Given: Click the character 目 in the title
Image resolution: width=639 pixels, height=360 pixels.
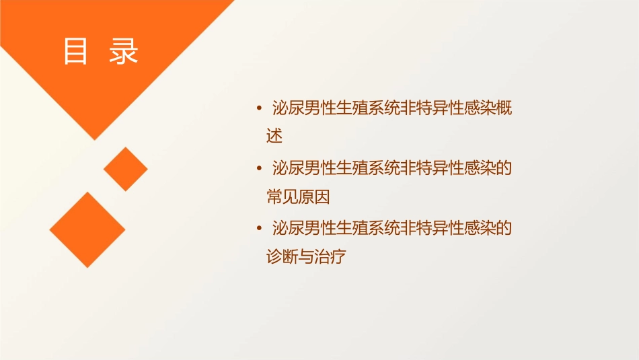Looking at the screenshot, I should click(x=75, y=52).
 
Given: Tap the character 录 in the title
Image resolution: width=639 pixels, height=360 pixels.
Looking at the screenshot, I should click(x=123, y=52).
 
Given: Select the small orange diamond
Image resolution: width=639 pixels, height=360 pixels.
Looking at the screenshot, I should click(x=126, y=169).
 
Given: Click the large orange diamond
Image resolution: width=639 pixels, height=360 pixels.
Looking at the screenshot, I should click(x=87, y=229).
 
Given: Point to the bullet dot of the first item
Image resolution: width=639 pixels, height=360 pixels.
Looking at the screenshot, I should click(x=260, y=108).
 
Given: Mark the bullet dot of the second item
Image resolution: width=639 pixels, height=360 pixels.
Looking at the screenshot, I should click(x=260, y=168).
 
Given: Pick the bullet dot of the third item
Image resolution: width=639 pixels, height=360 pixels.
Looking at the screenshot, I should click(x=260, y=229).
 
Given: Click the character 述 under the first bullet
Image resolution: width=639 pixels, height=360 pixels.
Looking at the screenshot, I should click(x=274, y=137).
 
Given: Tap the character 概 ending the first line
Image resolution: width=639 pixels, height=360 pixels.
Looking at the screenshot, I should click(x=504, y=108).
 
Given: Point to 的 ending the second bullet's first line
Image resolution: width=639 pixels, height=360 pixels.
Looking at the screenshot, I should click(x=504, y=168).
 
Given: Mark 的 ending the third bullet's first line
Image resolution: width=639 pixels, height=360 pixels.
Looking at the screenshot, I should click(x=504, y=229).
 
